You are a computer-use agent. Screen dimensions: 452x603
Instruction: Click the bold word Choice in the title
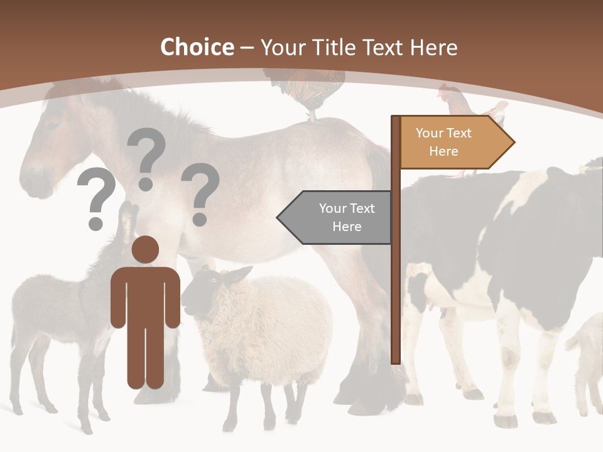tap(197, 47)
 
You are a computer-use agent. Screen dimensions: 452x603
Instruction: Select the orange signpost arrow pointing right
tap(455, 143)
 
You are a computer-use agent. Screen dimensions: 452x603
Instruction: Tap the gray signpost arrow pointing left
tap(336, 217)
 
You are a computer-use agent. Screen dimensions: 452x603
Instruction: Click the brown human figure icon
tap(145, 314)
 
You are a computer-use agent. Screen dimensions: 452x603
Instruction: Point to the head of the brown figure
tap(145, 249)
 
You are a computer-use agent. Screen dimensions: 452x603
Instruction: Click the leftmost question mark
tap(95, 198)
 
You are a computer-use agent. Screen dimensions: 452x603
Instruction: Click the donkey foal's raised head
tap(126, 220)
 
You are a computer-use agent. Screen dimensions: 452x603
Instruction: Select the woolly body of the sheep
tap(276, 326)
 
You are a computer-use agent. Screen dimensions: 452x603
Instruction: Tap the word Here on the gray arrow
tap(347, 227)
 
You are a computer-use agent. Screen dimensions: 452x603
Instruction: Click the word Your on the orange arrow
tap(430, 133)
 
